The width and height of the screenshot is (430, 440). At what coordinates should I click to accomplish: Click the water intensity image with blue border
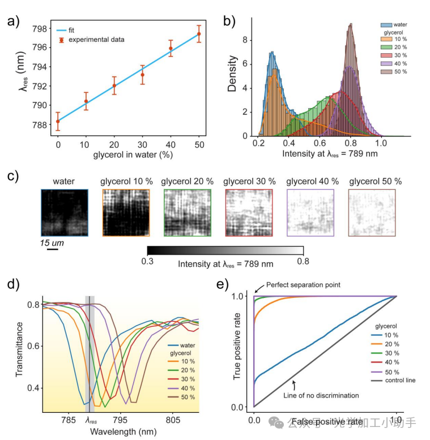(64, 212)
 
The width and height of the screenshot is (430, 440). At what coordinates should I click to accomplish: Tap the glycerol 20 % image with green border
(187, 212)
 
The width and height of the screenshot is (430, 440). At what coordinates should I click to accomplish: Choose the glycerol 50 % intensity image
(372, 212)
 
